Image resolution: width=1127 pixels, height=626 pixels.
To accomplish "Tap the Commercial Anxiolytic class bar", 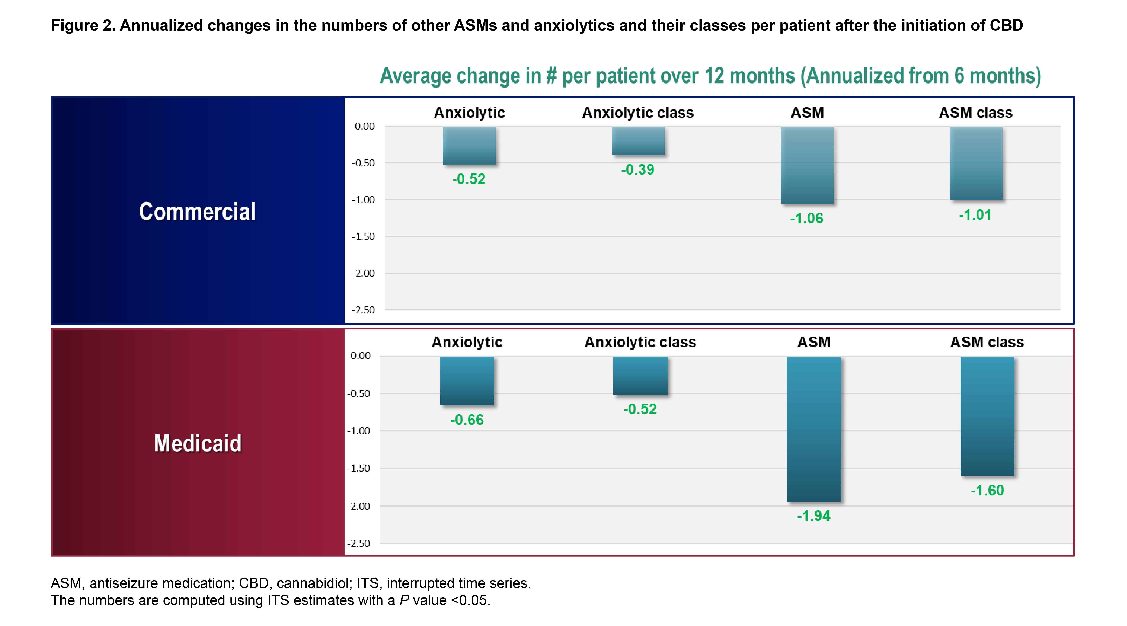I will [638, 141].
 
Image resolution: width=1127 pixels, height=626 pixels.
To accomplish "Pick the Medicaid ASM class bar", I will [987, 416].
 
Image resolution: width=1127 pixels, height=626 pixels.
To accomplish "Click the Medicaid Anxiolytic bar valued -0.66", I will [467, 381].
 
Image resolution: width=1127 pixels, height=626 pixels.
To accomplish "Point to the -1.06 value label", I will [806, 218].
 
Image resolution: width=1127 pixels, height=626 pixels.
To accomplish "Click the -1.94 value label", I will [813, 516].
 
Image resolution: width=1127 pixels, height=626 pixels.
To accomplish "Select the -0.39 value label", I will [637, 170].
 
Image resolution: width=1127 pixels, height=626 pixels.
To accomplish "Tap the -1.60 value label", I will [987, 490].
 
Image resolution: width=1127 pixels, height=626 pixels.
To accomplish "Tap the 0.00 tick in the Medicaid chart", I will [360, 356].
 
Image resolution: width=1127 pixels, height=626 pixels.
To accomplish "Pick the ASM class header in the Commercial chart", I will [976, 113].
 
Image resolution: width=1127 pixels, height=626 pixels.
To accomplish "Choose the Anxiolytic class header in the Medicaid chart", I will [640, 342].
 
